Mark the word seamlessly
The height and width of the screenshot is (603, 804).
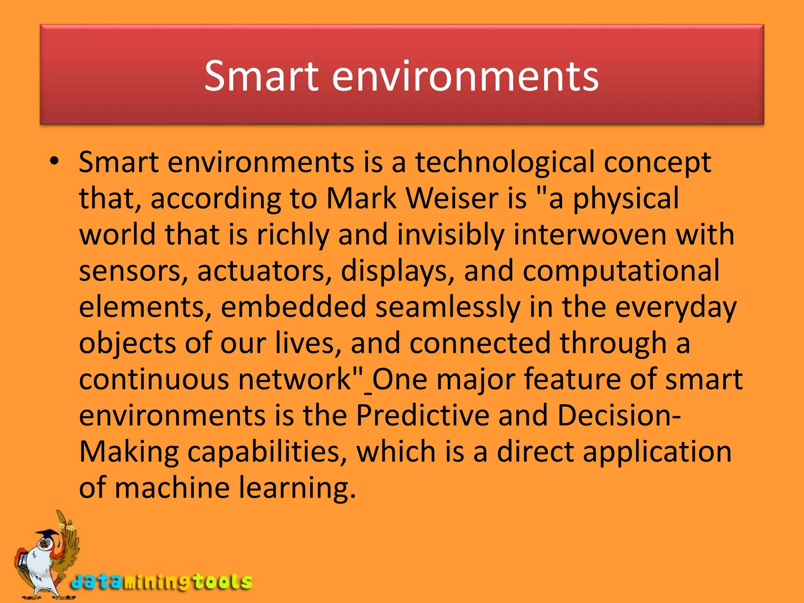click(x=448, y=307)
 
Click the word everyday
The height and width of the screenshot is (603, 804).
click(x=675, y=307)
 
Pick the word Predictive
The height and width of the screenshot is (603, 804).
click(x=422, y=415)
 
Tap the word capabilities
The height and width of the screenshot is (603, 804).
click(x=267, y=451)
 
